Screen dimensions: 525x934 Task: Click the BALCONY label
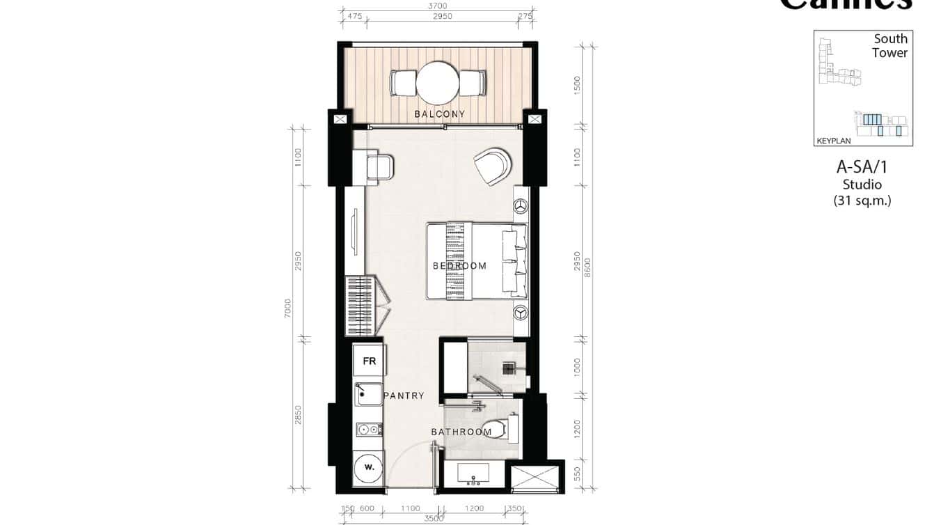pyautogui.click(x=439, y=114)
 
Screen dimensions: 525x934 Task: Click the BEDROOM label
pyautogui.click(x=459, y=266)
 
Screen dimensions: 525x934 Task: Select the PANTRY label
pyautogui.click(x=404, y=395)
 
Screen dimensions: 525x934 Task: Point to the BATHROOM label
pyautogui.click(x=461, y=432)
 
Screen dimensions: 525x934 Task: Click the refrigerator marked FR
pyautogui.click(x=369, y=361)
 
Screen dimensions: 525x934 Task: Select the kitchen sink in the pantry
pyautogui.click(x=368, y=395)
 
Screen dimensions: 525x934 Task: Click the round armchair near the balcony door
pyautogui.click(x=491, y=166)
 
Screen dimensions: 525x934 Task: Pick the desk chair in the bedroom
pyautogui.click(x=381, y=168)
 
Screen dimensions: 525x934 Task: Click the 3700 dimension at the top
pyautogui.click(x=438, y=6)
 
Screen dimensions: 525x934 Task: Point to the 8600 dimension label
pyautogui.click(x=587, y=267)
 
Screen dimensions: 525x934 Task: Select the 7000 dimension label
pyautogui.click(x=287, y=308)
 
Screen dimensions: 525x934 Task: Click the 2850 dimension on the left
pyautogui.click(x=299, y=415)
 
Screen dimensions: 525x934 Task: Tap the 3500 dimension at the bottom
pyautogui.click(x=434, y=519)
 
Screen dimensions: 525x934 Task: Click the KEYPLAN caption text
pyautogui.click(x=834, y=141)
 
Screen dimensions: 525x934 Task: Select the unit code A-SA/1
pyautogui.click(x=862, y=167)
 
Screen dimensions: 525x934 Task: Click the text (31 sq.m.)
pyautogui.click(x=862, y=201)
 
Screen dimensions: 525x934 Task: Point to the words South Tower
pyautogui.click(x=890, y=46)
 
